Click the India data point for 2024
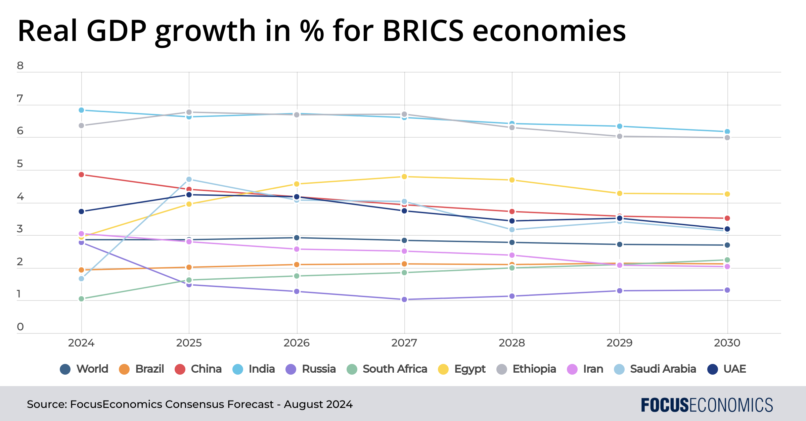pyautogui.click(x=81, y=110)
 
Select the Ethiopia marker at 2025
pyautogui.click(x=189, y=112)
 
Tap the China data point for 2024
pyautogui.click(x=81, y=175)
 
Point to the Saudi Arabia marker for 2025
pyautogui.click(x=189, y=179)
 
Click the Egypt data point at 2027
pyautogui.click(x=404, y=177)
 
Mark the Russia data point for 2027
pyautogui.click(x=404, y=299)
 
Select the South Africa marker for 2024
pyautogui.click(x=81, y=299)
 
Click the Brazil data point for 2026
pyautogui.click(x=297, y=265)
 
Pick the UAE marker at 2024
pyautogui.click(x=81, y=212)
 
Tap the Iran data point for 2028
pyautogui.click(x=512, y=255)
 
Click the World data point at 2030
pyautogui.click(x=727, y=245)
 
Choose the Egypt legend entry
pyautogui.click(x=462, y=369)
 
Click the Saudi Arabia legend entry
pyautogui.click(x=655, y=369)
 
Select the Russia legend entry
pyautogui.click(x=311, y=369)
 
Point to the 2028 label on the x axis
pyautogui.click(x=512, y=343)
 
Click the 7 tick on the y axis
pyautogui.click(x=20, y=99)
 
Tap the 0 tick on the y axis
pyautogui.click(x=20, y=327)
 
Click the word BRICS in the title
pyautogui.click(x=423, y=31)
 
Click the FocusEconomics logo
pyautogui.click(x=707, y=405)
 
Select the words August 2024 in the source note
pyautogui.click(x=318, y=404)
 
